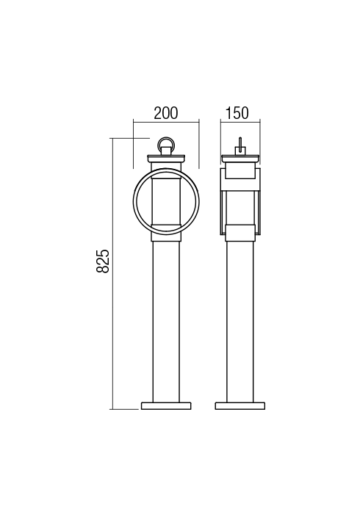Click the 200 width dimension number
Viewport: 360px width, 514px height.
coord(166,113)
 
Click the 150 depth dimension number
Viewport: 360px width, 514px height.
coord(237,113)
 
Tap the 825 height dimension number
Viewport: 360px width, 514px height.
coord(103,261)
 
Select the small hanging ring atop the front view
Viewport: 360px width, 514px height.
coord(166,142)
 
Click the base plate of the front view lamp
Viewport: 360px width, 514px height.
coord(166,406)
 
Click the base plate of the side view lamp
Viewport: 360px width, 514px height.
coord(240,406)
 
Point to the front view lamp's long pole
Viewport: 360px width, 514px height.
coord(166,322)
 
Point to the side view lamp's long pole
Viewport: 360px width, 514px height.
coord(240,322)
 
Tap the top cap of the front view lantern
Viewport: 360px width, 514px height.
coord(166,159)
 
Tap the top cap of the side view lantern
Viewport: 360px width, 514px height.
coord(240,159)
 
